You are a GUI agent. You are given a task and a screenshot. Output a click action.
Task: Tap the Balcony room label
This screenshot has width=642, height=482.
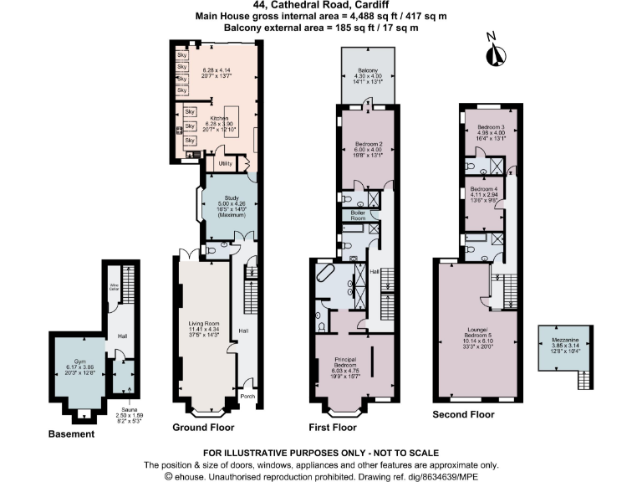[x=369, y=70]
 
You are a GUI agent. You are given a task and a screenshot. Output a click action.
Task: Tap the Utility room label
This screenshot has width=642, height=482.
[x=225, y=163]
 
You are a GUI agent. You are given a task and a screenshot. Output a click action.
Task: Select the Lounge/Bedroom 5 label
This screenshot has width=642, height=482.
[x=477, y=336]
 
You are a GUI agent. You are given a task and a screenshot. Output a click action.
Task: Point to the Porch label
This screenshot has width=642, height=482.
[x=247, y=396]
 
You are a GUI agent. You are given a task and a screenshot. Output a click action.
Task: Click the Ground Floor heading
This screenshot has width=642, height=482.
[x=204, y=427]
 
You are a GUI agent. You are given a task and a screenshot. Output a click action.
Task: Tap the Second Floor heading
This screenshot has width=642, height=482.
[x=462, y=414]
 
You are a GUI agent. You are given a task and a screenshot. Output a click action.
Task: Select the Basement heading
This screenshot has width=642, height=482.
[x=71, y=434]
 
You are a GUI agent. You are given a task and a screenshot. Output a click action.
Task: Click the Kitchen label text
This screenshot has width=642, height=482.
[x=219, y=119]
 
